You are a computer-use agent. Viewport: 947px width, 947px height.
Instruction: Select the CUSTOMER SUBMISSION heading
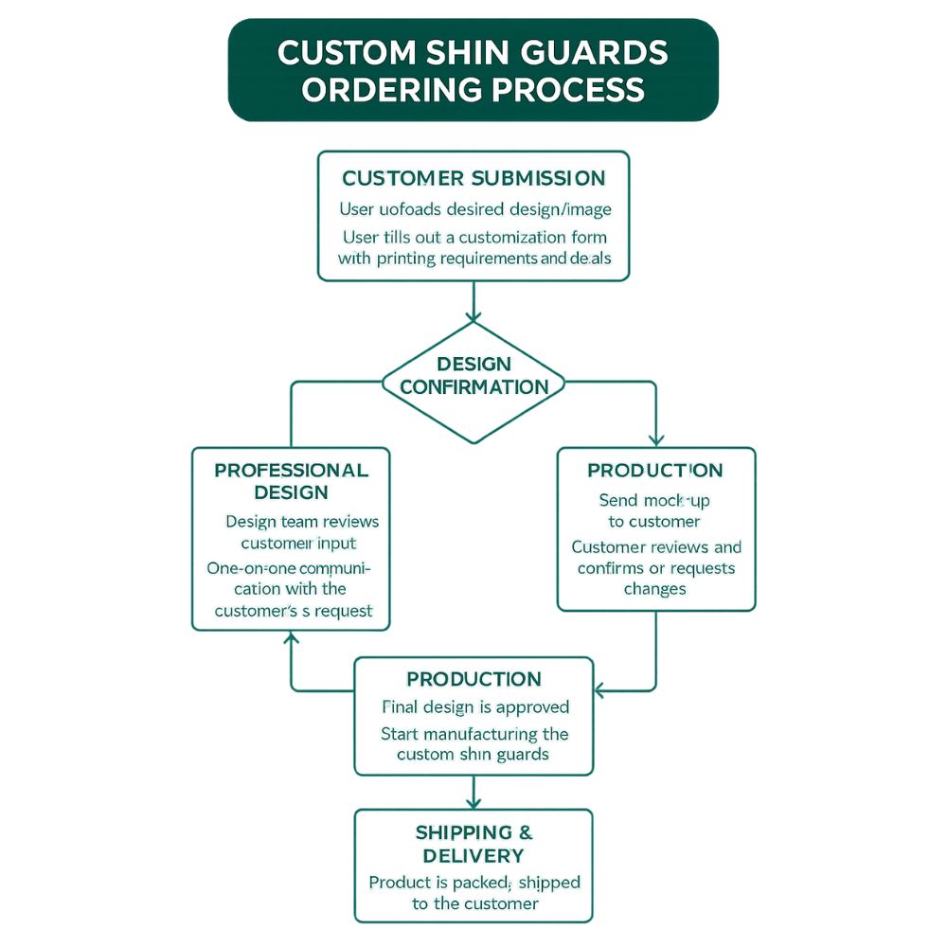[x=473, y=178]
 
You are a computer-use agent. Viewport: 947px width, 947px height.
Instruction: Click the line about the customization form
[x=473, y=247]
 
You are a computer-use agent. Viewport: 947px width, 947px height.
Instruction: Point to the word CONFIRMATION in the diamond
[x=473, y=386]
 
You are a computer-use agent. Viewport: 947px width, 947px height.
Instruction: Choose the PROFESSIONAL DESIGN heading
[x=291, y=480]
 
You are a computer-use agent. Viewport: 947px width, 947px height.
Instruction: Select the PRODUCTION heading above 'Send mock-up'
[x=654, y=471]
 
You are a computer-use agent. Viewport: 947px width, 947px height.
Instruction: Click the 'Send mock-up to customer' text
[x=653, y=509]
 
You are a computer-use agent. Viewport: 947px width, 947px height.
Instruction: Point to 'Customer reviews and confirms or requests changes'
[x=655, y=567]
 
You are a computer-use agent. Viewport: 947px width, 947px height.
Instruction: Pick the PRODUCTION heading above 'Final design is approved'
[x=473, y=679]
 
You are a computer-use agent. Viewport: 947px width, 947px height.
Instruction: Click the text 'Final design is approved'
[x=474, y=706]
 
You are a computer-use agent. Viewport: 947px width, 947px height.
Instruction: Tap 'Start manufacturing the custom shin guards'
[x=473, y=743]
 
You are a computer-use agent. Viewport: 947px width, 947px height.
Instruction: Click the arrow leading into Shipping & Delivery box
[x=473, y=793]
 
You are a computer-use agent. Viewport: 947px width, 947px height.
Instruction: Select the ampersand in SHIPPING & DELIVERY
[x=526, y=832]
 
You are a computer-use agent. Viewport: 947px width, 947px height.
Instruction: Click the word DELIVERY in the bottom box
[x=473, y=855]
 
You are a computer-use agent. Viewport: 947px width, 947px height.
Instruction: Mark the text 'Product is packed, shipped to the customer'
[x=473, y=892]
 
